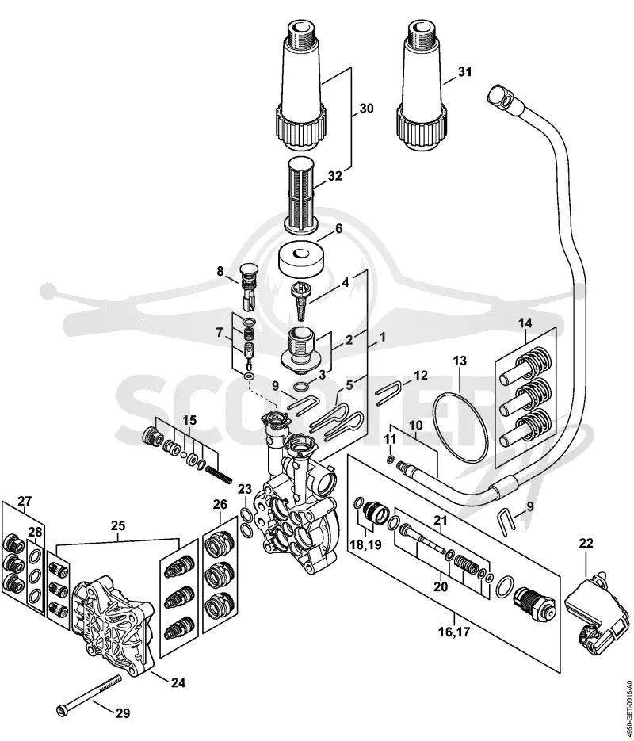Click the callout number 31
[464, 72]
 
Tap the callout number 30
[366, 109]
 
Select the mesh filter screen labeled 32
[303, 193]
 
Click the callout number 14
[525, 323]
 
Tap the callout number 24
[178, 682]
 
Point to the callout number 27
[25, 501]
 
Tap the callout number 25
[118, 525]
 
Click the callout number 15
[190, 420]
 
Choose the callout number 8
[220, 272]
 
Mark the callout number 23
[245, 489]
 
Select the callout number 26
[220, 504]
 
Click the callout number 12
[420, 376]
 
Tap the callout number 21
[441, 521]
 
